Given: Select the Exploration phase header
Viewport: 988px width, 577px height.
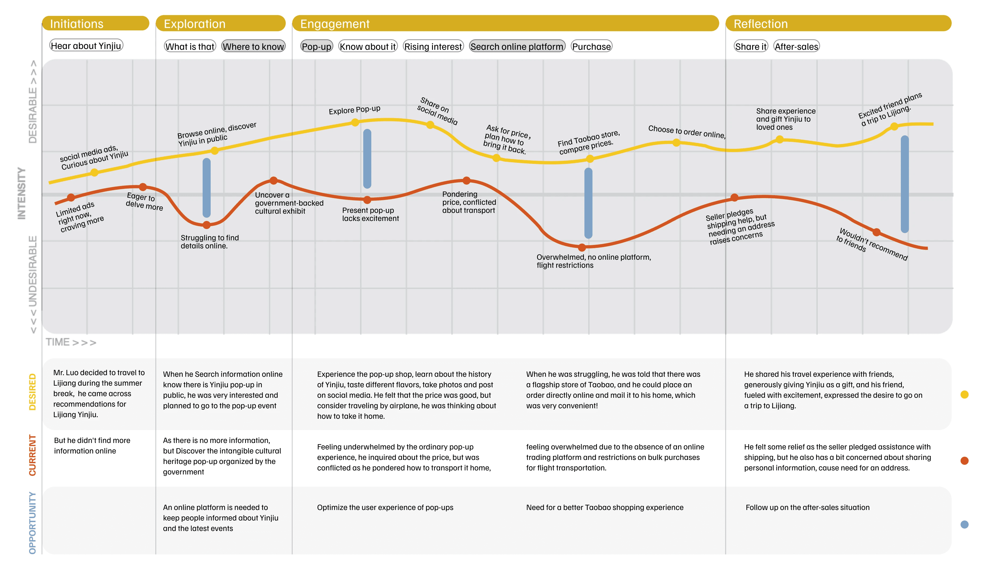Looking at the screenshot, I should coord(220,23).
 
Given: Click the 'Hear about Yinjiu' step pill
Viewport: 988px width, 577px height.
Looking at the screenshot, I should coord(86,45).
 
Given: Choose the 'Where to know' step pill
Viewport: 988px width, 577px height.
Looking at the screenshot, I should coord(253,46).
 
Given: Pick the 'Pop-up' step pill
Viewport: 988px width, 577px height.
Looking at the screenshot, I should coord(316,46).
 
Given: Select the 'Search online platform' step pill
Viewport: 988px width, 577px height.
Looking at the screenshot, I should coord(517,46).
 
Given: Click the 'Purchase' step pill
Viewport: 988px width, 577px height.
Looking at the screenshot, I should coord(591,46).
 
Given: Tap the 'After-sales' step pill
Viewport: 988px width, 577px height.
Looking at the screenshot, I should coord(796,46).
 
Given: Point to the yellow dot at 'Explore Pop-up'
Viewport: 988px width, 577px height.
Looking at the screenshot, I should coord(355,122).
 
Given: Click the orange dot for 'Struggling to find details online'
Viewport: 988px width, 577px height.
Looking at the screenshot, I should coord(207,225).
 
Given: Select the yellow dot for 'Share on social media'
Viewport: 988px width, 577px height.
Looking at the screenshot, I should coord(430,125).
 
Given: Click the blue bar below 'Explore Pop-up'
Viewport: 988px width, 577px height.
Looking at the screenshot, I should coord(367,159).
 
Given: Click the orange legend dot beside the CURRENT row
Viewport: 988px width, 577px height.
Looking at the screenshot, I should coord(965,460).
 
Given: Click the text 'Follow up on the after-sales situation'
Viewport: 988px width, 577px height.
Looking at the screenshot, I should coord(807,507).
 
